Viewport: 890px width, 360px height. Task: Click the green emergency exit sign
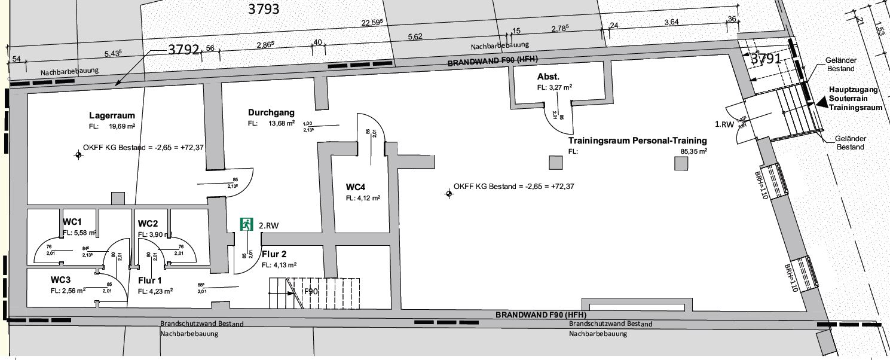click(x=246, y=224)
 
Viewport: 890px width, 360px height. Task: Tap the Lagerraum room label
click(x=112, y=115)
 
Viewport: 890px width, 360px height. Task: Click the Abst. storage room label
click(x=548, y=77)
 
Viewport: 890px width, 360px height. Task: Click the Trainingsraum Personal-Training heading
click(x=637, y=141)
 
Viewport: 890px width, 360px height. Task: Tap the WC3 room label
click(x=62, y=280)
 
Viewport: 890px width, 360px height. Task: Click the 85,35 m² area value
click(x=694, y=152)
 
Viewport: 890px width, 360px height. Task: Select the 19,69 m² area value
click(x=121, y=126)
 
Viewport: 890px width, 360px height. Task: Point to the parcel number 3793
click(x=264, y=10)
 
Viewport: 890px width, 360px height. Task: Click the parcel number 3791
click(x=766, y=59)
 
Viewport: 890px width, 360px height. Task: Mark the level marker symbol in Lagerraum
click(x=78, y=155)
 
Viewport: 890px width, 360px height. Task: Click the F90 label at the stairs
click(x=311, y=292)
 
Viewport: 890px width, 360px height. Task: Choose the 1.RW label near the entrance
click(x=724, y=125)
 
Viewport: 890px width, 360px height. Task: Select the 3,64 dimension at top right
click(x=671, y=23)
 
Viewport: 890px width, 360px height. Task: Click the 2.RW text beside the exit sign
click(x=269, y=225)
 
